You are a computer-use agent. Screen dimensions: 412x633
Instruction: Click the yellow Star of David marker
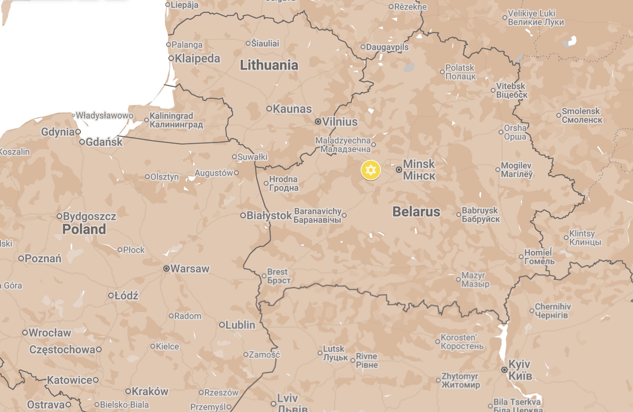point(370,170)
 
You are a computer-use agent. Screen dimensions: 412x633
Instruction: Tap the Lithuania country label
point(269,65)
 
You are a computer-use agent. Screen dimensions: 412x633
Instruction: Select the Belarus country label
point(416,211)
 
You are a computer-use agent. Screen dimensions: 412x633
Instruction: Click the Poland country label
point(84,229)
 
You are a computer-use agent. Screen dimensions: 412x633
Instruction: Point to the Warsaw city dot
point(166,269)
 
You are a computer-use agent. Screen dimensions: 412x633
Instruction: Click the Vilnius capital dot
point(318,122)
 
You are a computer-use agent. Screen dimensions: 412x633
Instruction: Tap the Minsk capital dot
point(399,170)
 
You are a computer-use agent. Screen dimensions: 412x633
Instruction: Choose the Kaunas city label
point(292,109)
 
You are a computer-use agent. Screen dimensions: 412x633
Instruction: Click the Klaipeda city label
point(197,59)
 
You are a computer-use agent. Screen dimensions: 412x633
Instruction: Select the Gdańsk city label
point(104,142)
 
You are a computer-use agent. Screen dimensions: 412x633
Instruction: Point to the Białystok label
point(269,215)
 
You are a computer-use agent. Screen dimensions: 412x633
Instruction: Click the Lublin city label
point(240,324)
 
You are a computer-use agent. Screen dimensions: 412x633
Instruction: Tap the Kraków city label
point(150,391)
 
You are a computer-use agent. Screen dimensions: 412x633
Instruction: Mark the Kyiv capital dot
point(504,370)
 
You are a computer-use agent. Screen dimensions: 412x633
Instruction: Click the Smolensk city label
point(581,115)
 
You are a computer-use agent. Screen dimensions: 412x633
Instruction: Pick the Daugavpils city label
point(387,47)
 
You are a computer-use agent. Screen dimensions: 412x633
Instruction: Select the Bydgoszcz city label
point(89,216)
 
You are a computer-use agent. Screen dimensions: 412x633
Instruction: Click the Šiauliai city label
point(265,43)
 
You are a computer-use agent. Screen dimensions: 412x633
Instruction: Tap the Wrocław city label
point(50,333)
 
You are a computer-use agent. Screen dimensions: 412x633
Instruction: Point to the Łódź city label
point(126,296)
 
